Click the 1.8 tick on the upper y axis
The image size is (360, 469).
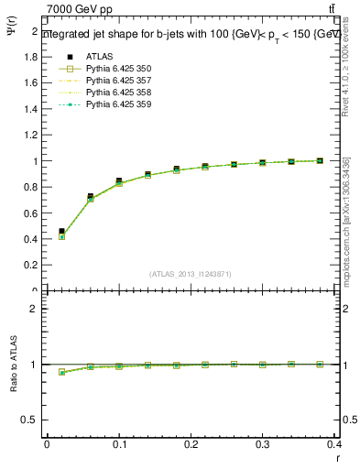click(32, 57)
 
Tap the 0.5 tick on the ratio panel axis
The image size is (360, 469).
click(32, 420)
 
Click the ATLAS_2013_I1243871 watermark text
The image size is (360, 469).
click(191, 274)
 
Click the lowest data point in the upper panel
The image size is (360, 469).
click(61, 235)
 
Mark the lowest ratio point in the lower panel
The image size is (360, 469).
click(61, 372)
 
